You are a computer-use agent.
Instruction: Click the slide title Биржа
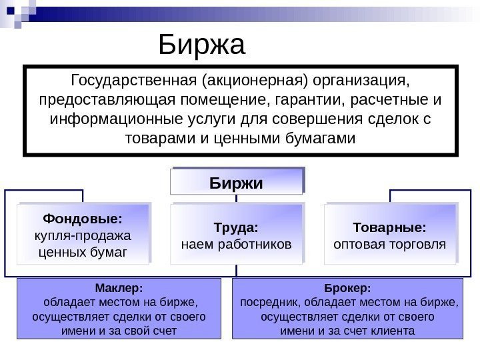coord(203,45)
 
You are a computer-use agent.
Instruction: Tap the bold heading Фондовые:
coord(83,219)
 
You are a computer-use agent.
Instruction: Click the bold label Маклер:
coord(119,289)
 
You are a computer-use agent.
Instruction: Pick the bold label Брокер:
coord(347,289)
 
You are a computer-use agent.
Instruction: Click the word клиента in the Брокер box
coord(394,330)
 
